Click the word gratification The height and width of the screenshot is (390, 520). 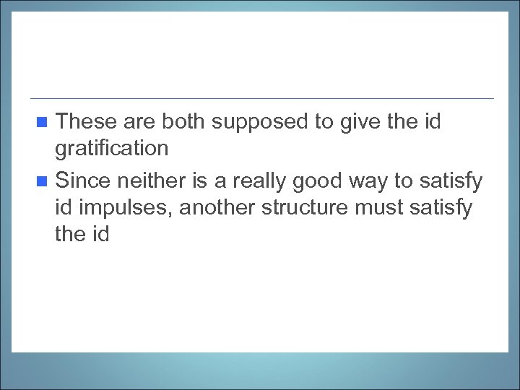pos(111,149)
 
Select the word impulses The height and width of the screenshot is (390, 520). pos(126,208)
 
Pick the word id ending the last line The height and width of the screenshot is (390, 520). pos(100,235)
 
